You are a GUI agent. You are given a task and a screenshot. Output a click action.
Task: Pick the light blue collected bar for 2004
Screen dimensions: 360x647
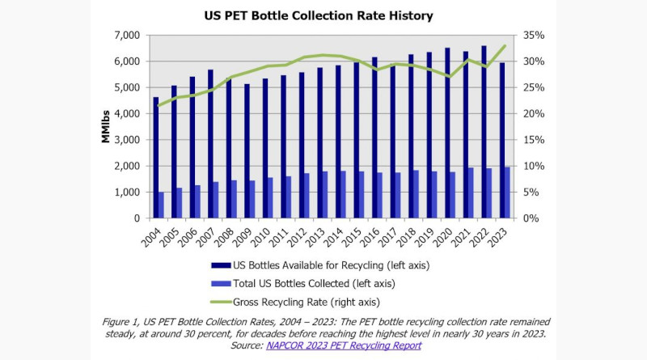tap(162, 205)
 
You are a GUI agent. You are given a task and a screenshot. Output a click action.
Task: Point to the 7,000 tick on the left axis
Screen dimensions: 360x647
tap(127, 36)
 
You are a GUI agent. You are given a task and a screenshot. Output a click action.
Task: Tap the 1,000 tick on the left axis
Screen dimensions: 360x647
tap(127, 193)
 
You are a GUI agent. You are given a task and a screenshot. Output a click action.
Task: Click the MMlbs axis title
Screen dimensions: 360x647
tap(105, 128)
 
